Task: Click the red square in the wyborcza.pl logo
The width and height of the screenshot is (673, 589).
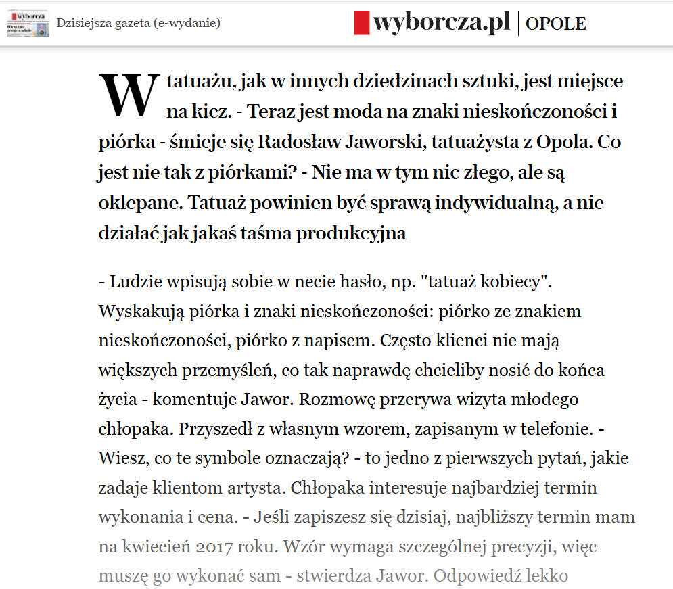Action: [x=362, y=23]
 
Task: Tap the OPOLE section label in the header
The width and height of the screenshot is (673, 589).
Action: [x=556, y=24]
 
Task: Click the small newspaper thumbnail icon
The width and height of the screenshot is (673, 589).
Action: [x=28, y=24]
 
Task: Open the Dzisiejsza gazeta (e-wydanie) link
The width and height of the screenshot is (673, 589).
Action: [x=138, y=24]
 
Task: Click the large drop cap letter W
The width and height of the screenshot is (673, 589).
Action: [x=129, y=95]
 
